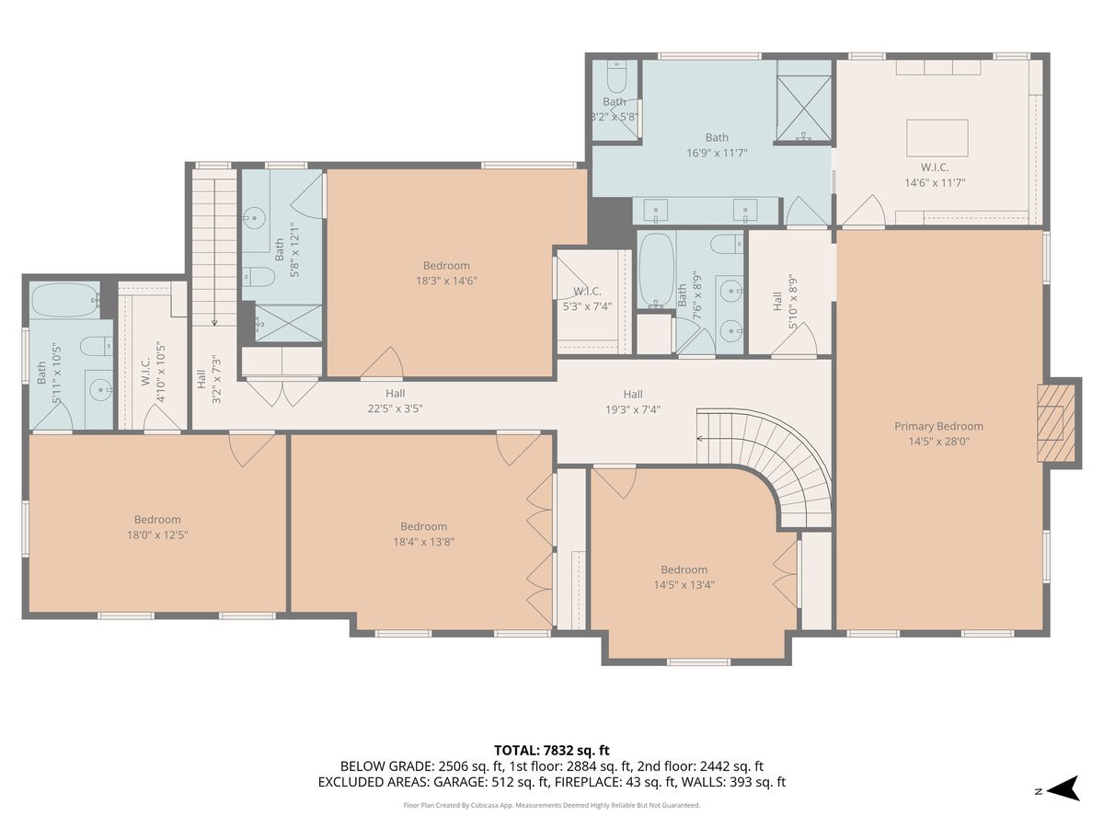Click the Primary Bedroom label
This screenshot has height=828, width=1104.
point(938,426)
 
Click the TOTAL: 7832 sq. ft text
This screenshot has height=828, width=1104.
point(551,751)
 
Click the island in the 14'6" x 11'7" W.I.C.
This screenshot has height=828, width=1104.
point(937,138)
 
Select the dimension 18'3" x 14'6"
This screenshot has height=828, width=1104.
point(446,281)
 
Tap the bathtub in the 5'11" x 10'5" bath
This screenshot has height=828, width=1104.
point(64,300)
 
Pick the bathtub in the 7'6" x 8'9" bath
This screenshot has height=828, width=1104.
point(655,269)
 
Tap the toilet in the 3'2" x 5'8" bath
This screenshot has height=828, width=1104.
point(616,75)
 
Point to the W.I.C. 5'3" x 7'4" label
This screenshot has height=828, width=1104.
point(587,299)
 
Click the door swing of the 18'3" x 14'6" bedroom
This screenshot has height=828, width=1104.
point(384,364)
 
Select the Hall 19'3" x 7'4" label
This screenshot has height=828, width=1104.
point(632,402)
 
